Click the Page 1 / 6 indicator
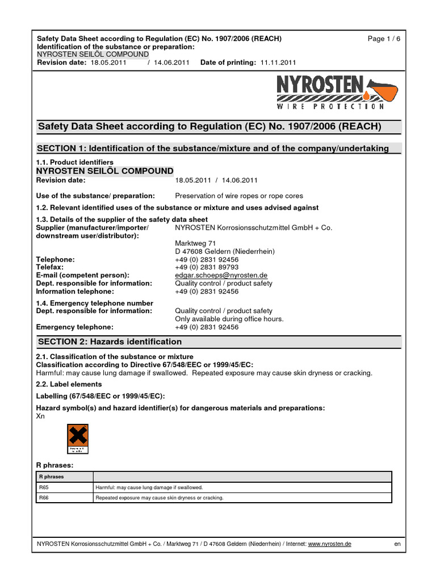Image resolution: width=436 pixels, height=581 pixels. tap(384, 39)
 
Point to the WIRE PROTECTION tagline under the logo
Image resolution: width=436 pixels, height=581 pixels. tap(330, 106)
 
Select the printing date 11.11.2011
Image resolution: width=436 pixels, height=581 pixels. tap(278, 62)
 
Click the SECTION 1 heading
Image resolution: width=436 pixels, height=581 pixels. tap(213, 149)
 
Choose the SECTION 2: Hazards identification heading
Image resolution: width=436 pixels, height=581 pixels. tap(110, 342)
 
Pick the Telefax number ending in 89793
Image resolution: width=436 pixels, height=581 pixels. tap(207, 267)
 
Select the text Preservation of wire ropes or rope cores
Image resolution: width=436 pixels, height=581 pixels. tap(238, 196)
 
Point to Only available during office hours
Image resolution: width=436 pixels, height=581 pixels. tap(229, 319)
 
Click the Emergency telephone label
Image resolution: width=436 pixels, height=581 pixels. tap(74, 327)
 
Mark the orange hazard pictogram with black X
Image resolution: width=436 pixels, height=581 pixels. tap(78, 439)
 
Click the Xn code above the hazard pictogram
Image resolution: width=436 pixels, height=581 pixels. tap(40, 416)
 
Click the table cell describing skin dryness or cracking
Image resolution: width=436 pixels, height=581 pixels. tap(160, 498)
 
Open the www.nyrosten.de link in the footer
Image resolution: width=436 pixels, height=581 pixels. tap(329, 544)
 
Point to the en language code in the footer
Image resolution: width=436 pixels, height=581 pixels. tap(397, 544)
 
